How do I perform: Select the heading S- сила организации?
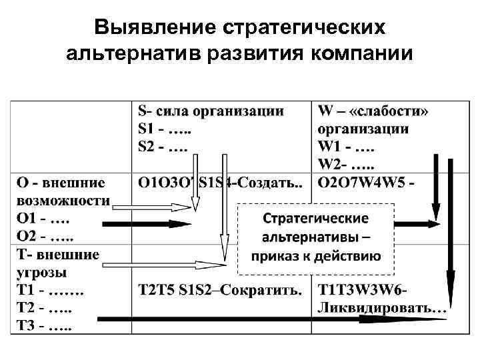[211, 111]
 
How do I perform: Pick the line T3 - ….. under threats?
[43, 327]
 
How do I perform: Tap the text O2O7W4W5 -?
[366, 182]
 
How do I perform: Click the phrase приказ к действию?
[316, 256]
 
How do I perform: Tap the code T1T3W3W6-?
[363, 291]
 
